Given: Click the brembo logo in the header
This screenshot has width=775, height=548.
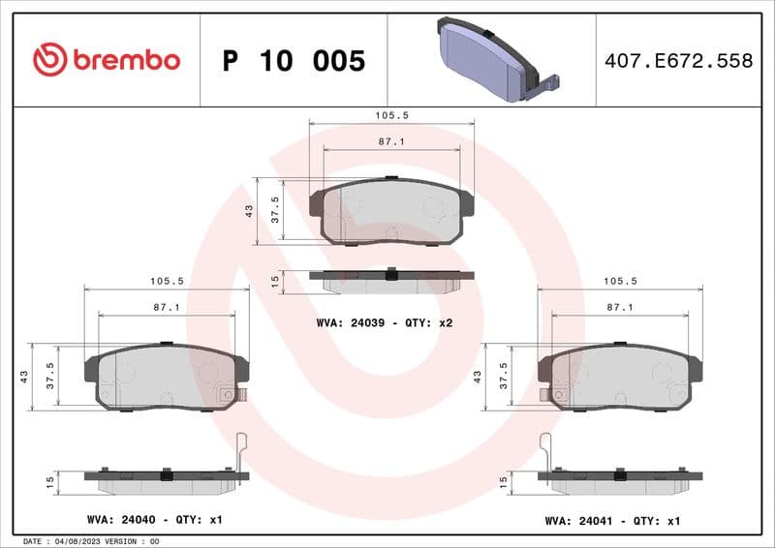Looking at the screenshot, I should click(x=106, y=60).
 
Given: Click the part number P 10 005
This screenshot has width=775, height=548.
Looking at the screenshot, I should click(x=294, y=61).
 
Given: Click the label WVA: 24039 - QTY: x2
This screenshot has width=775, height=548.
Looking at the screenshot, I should click(x=385, y=323).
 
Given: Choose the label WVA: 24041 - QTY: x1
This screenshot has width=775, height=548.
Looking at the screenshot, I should click(x=612, y=521).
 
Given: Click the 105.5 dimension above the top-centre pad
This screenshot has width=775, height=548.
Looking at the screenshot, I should click(x=391, y=114).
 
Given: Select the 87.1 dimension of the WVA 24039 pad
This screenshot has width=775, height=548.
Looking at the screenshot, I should click(x=391, y=141).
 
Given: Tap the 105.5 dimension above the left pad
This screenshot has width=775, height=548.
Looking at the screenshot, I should click(x=167, y=281).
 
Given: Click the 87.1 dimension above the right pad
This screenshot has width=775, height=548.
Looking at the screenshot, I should click(x=620, y=307).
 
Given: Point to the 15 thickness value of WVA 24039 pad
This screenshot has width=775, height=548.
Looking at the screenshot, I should click(x=275, y=281).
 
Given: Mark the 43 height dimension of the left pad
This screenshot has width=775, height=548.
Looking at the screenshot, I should click(x=23, y=377).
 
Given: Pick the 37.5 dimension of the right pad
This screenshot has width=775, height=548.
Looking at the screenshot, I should click(x=502, y=376).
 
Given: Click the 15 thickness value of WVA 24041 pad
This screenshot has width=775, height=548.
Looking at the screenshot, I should click(x=502, y=481).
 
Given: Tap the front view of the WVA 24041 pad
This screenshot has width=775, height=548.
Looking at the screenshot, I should click(x=620, y=378).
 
